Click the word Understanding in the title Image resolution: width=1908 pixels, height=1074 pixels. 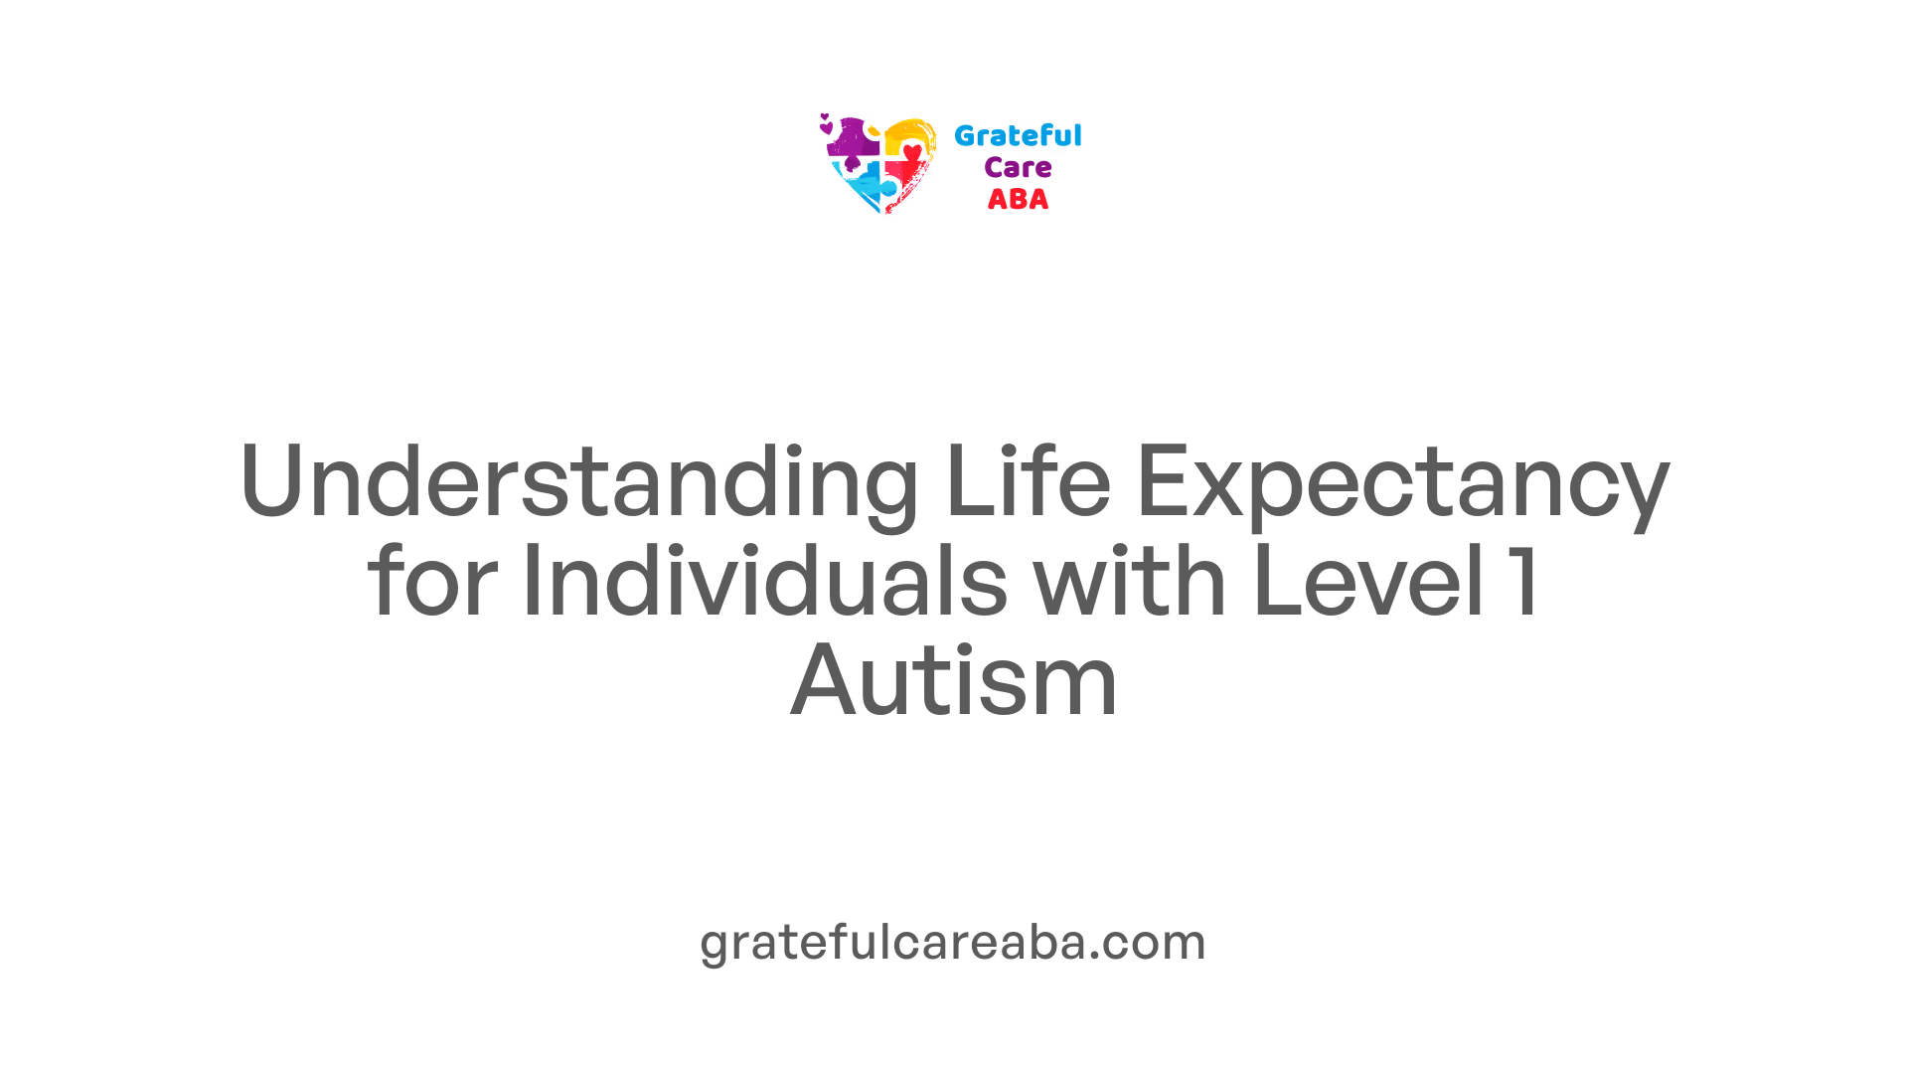(579, 482)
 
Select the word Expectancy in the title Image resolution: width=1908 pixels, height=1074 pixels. (1402, 485)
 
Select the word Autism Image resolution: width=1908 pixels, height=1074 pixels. (954, 680)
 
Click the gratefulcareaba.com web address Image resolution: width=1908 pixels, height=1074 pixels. (953, 941)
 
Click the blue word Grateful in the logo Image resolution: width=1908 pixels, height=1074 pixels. (1018, 135)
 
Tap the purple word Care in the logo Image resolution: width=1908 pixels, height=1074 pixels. (1018, 167)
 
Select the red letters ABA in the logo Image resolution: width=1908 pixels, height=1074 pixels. (1018, 199)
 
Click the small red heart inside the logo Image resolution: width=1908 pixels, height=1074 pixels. (912, 152)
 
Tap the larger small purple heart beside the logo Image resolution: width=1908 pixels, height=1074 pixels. (826, 128)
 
